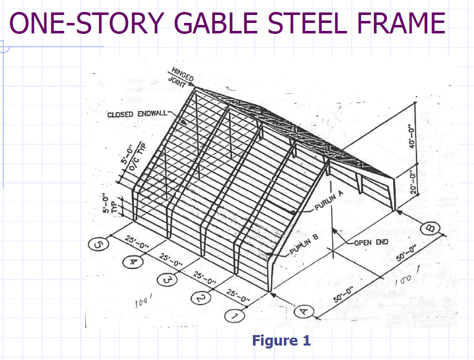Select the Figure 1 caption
[x=281, y=341]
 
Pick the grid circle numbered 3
[x=167, y=280]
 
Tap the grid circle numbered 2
[x=200, y=299]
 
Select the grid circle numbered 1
[x=234, y=317]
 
